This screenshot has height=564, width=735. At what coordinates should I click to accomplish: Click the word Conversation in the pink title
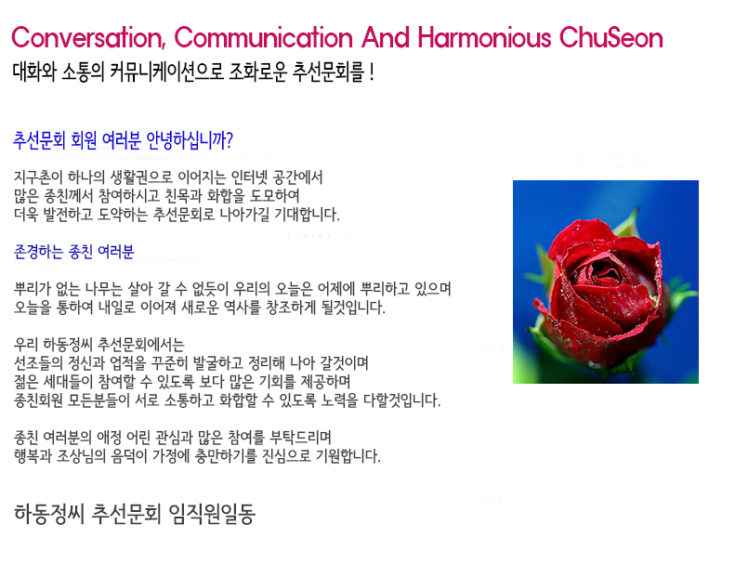[x=88, y=37]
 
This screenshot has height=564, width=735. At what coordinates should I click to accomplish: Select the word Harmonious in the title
[x=484, y=37]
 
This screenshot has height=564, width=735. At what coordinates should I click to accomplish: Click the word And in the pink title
[x=386, y=37]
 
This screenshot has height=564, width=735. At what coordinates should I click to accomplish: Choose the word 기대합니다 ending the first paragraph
[x=307, y=215]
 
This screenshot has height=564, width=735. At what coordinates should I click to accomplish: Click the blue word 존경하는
[x=38, y=252]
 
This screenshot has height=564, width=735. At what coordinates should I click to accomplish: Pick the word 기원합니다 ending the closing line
[x=348, y=455]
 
